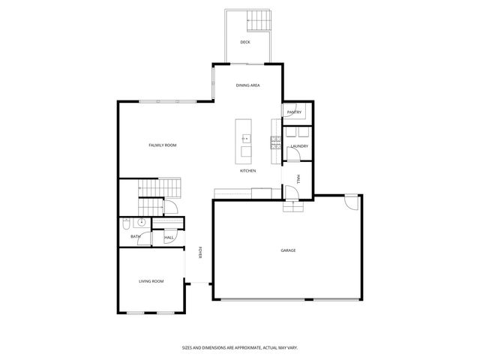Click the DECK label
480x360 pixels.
[244, 42]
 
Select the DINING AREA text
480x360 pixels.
[247, 85]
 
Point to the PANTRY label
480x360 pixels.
[294, 112]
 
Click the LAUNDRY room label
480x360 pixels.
[299, 145]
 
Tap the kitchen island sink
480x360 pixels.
[244, 138]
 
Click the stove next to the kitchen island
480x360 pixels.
[277, 143]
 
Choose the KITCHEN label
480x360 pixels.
[247, 171]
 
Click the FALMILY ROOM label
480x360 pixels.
[162, 145]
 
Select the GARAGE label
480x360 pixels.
[288, 250]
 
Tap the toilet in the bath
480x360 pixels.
[127, 223]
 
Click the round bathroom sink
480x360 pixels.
[141, 223]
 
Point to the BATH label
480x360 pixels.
[135, 237]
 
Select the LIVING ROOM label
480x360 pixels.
[151, 281]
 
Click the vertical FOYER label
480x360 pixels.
[200, 253]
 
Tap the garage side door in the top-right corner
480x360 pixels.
[350, 200]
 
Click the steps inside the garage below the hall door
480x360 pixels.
[293, 207]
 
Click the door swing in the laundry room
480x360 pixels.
[297, 155]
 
